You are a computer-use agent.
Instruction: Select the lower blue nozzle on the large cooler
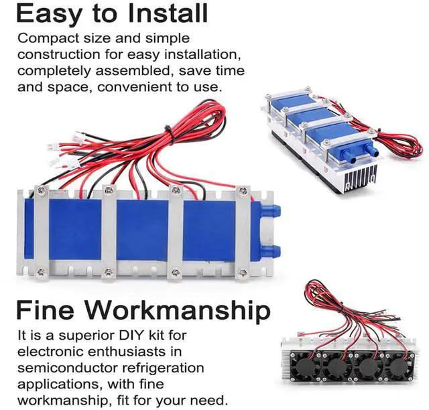click(273, 251)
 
